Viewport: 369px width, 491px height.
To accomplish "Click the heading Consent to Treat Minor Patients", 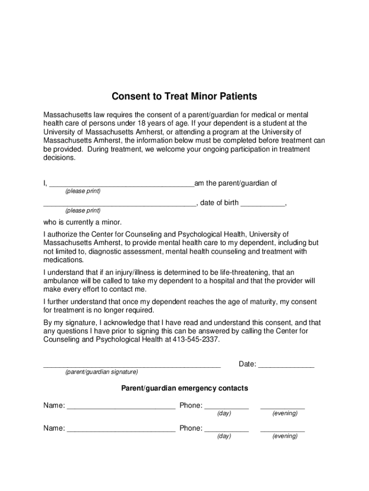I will click(184, 96).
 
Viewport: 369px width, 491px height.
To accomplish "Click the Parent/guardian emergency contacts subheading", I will click(184, 388).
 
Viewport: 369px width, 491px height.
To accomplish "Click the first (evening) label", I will click(285, 413).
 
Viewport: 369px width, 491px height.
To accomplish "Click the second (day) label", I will click(224, 436).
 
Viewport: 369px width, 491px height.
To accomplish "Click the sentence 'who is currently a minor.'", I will click(83, 222).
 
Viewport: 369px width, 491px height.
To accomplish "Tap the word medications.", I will click(63, 260).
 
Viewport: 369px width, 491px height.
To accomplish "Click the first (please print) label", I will click(83, 191).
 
